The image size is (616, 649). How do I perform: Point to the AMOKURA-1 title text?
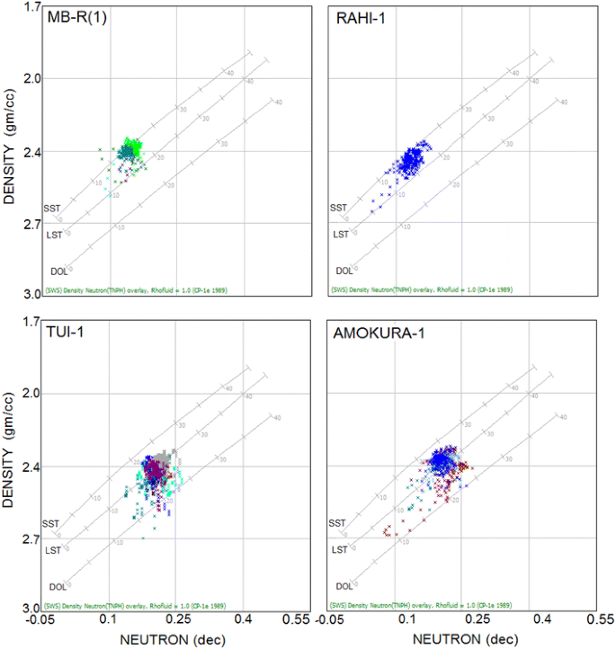[x=370, y=334]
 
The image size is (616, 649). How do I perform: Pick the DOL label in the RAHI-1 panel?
[x=344, y=271]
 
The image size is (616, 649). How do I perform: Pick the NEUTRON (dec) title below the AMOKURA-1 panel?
[x=460, y=639]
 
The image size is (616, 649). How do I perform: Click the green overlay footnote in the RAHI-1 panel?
[x=416, y=289]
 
